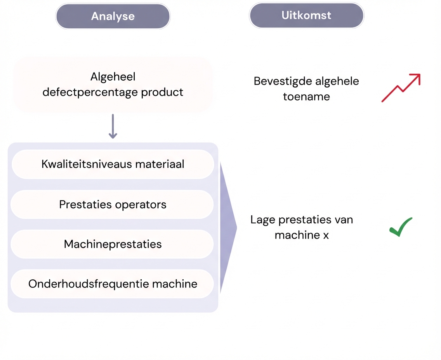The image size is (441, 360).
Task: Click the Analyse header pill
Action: (x=113, y=16)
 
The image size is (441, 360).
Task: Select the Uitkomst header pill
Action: (x=306, y=16)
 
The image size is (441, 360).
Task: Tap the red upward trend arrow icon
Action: (x=401, y=88)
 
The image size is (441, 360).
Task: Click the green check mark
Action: (x=401, y=227)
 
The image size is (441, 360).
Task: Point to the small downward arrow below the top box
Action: (x=113, y=126)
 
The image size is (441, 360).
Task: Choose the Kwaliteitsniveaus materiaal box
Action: (x=113, y=164)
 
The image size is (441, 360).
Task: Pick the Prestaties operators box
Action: (x=113, y=204)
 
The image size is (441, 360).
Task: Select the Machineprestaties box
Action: (x=113, y=244)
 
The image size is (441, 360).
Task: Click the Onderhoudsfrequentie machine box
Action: (x=113, y=284)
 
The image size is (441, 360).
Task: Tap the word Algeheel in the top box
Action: (x=113, y=77)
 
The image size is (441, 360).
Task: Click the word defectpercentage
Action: (x=90, y=93)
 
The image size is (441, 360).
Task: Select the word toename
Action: (x=306, y=96)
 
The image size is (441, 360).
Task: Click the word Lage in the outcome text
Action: (x=263, y=220)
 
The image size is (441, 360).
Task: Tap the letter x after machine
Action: (x=326, y=235)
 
